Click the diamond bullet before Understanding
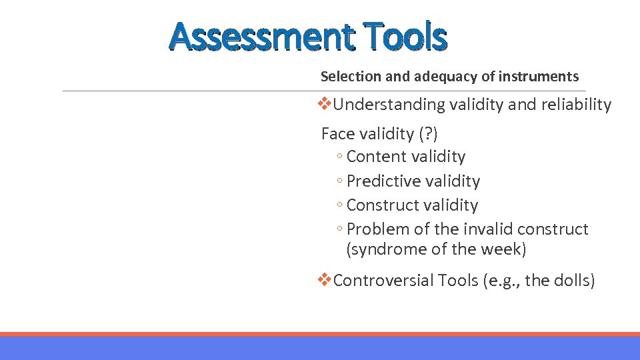pyautogui.click(x=325, y=104)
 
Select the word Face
pyautogui.click(x=339, y=134)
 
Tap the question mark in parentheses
pyautogui.click(x=427, y=134)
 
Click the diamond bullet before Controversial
pyautogui.click(x=325, y=280)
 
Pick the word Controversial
pyautogui.click(x=383, y=281)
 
